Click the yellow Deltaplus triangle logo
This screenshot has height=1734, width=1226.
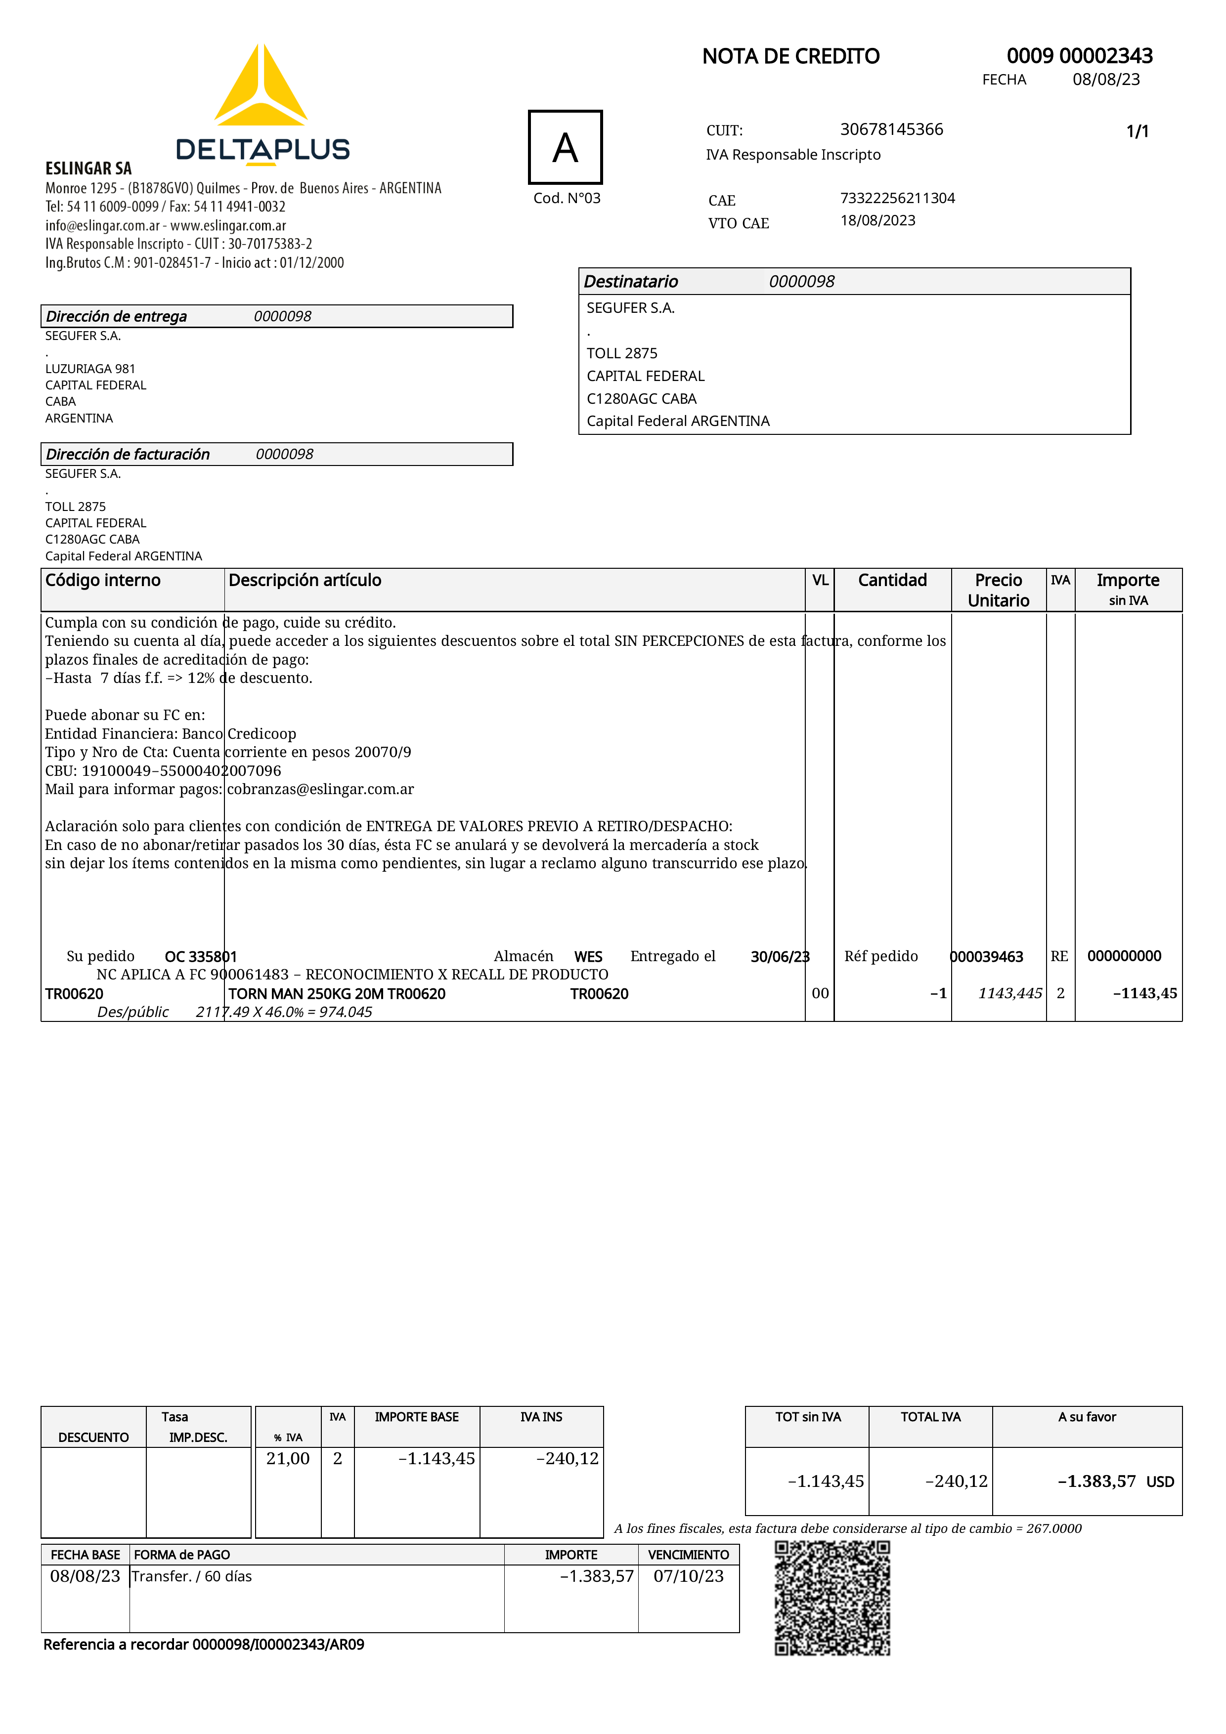(x=261, y=87)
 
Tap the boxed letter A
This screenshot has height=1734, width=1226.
(x=565, y=147)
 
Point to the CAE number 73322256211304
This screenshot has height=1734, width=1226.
(x=897, y=198)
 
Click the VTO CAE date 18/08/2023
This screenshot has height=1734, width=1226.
(x=878, y=220)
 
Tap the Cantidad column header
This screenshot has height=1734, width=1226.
(x=892, y=580)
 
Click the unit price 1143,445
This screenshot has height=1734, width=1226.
(x=1010, y=993)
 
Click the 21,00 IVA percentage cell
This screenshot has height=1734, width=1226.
(x=288, y=1458)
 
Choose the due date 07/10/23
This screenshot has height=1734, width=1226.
(x=688, y=1576)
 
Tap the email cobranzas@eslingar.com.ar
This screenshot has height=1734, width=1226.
(x=320, y=789)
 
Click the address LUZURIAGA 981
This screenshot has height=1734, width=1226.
(x=90, y=369)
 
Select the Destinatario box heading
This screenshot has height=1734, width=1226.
(x=631, y=282)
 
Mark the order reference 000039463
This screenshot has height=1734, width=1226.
(x=987, y=957)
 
